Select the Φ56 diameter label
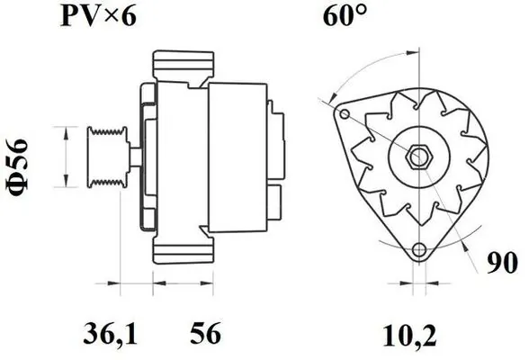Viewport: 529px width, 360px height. point(18,167)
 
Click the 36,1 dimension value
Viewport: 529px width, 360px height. point(110,333)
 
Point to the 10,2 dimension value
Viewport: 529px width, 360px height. point(410,336)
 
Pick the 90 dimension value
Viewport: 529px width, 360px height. point(502,262)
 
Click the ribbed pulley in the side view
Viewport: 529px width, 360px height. point(108,157)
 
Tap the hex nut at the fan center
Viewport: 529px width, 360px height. point(419,157)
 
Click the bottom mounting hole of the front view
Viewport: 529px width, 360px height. point(419,249)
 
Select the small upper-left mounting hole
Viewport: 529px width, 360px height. point(345,113)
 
